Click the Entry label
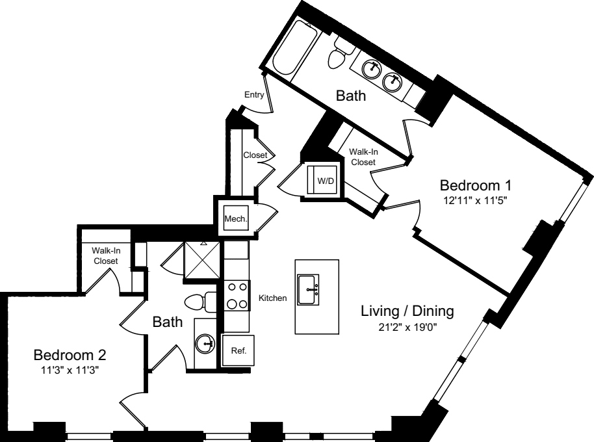tap(253, 95)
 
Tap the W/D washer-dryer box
tap(325, 181)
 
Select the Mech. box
tap(235, 219)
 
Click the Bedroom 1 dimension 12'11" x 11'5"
tap(472, 200)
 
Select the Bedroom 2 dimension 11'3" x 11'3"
tap(70, 371)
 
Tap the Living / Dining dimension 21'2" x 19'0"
tap(407, 327)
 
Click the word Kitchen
tap(272, 298)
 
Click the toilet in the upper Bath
tap(337, 55)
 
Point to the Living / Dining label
tap(407, 311)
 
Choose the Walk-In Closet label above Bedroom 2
tap(105, 255)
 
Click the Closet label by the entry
tap(255, 155)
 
